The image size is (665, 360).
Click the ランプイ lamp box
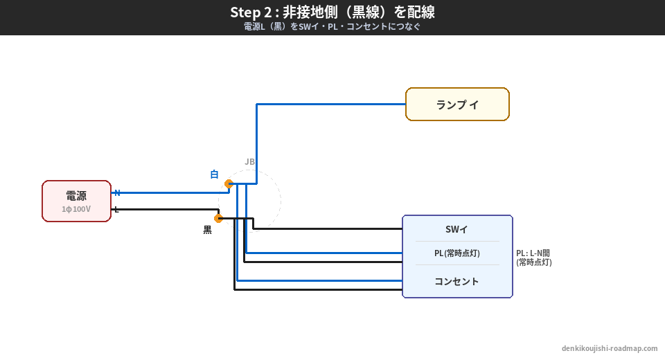[x=457, y=105]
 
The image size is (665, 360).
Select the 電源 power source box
[x=76, y=201]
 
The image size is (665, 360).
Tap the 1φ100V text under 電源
[x=76, y=209]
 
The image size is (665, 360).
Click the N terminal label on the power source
[x=117, y=192]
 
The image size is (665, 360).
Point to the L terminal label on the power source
[x=116, y=209]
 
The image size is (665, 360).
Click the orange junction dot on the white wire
[x=229, y=183]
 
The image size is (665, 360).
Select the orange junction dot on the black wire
[x=218, y=218]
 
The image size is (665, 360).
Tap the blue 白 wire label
[x=214, y=174]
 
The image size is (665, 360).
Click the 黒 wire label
[x=207, y=230]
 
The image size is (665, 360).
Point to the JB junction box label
[x=249, y=162]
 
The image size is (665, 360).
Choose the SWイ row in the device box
[x=456, y=229]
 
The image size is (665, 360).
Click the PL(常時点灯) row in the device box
[x=456, y=253]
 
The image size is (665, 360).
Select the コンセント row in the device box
[x=456, y=281]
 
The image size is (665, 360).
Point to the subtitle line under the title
[x=332, y=27]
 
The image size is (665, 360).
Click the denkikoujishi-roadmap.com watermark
[x=610, y=348]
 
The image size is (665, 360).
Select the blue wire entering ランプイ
[x=332, y=105]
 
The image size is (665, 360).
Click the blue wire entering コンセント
[x=319, y=280]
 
